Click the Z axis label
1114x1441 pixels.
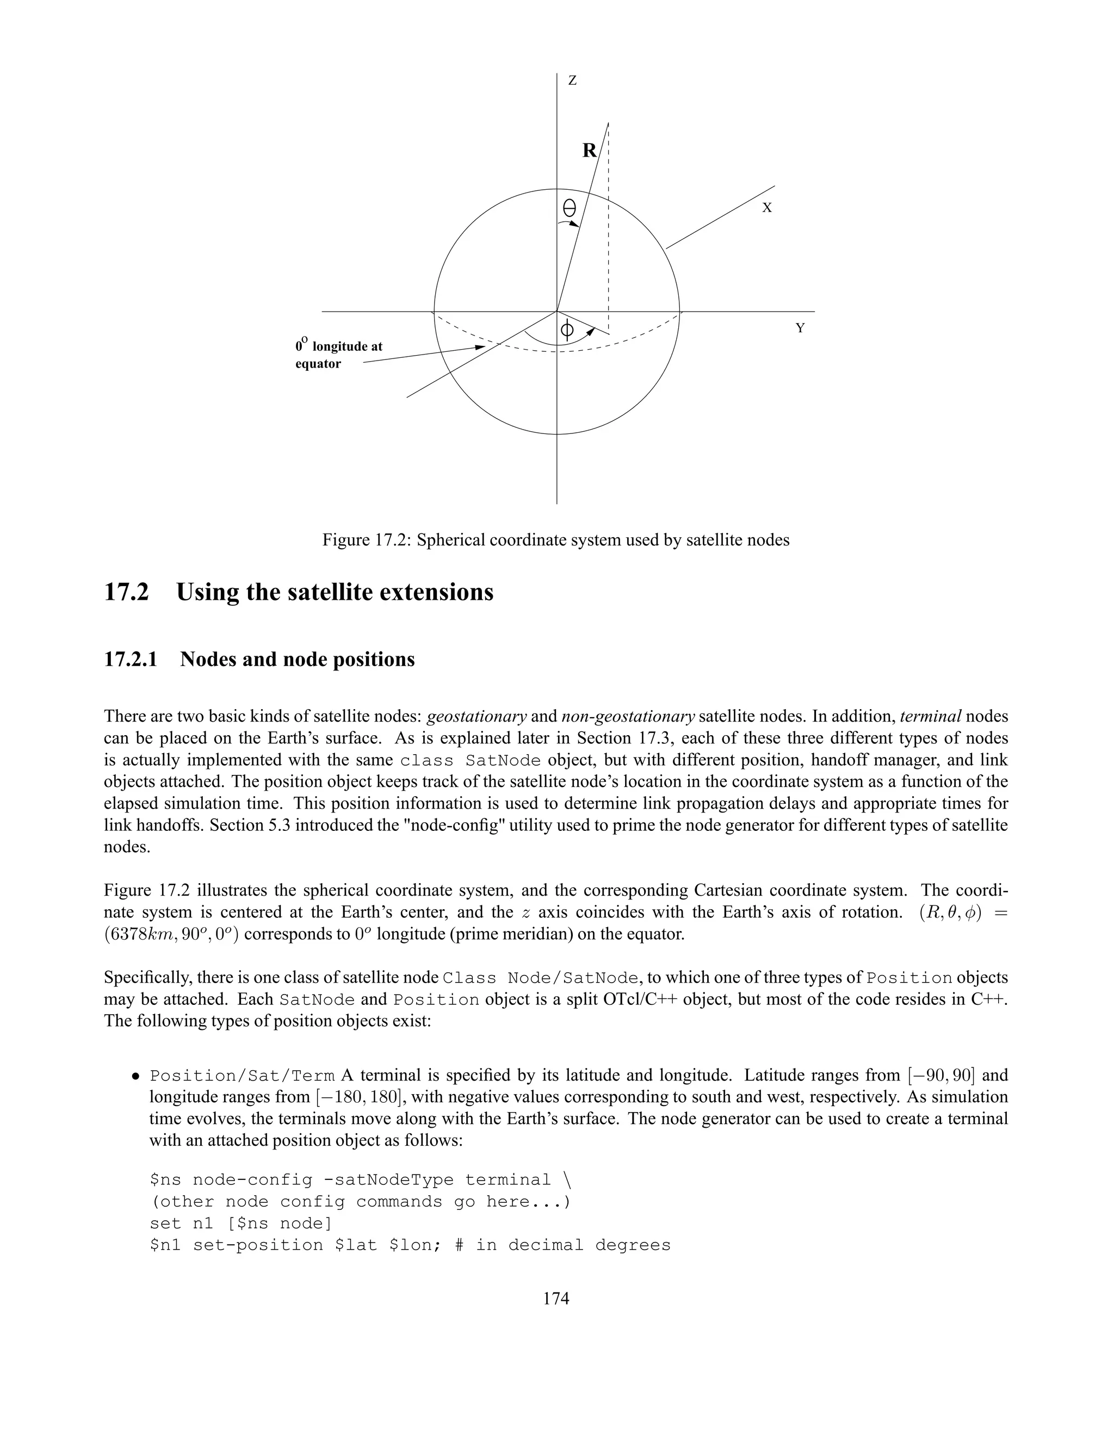[x=572, y=81]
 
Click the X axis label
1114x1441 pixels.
[x=767, y=208]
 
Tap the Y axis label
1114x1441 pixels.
[x=800, y=328]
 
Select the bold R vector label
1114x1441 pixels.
[x=589, y=151]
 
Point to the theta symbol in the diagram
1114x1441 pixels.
[x=569, y=209]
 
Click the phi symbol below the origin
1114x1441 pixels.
[x=566, y=330]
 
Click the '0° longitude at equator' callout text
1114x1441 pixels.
[x=338, y=355]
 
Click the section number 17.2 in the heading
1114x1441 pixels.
[x=127, y=592]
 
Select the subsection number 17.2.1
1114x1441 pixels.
[x=131, y=659]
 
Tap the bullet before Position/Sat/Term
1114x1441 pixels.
[x=135, y=1077]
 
